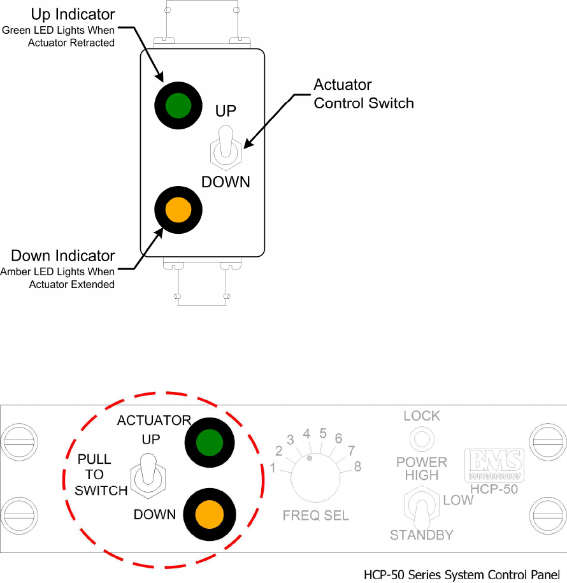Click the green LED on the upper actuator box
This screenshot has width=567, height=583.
coord(178,106)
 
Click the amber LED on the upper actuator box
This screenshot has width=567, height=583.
coord(178,210)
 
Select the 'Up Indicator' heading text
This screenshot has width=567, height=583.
coord(73,14)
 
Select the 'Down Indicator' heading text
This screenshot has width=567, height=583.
coord(63,256)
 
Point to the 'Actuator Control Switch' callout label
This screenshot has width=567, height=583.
coord(364,94)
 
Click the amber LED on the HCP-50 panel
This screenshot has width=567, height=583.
coord(209,513)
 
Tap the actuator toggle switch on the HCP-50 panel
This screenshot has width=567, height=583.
coord(148,473)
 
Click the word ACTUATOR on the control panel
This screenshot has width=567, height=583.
coord(154,421)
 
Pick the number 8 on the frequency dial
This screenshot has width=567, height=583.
coord(357,467)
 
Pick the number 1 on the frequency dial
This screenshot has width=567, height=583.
coord(273,469)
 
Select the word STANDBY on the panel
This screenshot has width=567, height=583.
coord(422,535)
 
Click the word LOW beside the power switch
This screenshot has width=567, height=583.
coord(458,500)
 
